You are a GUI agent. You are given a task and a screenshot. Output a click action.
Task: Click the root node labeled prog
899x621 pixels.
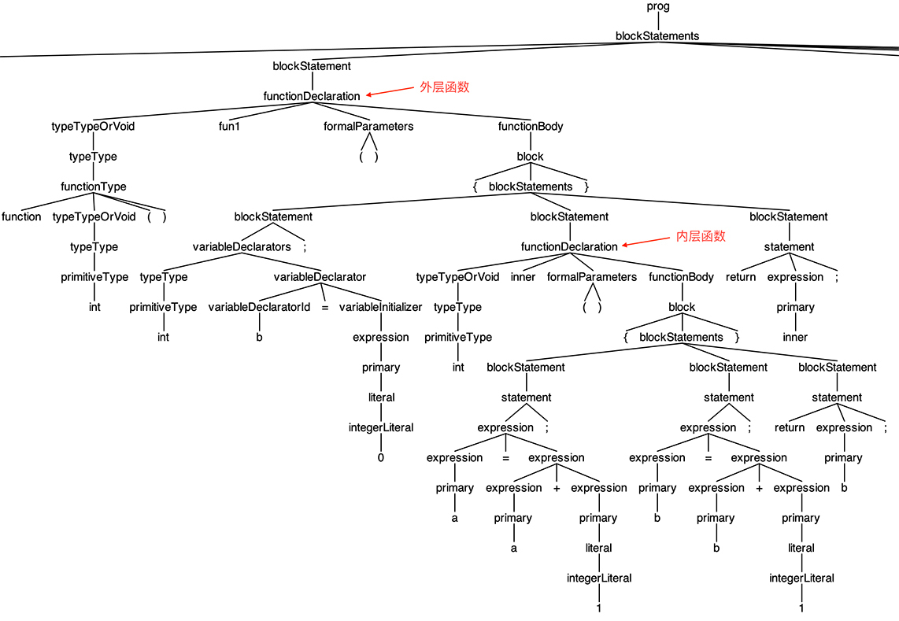[x=657, y=6]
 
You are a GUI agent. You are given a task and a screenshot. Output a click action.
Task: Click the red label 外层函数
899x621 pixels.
[x=444, y=87]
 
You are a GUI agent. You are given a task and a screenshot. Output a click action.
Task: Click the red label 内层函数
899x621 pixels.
[x=701, y=236]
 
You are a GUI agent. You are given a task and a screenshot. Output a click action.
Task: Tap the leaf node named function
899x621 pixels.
[x=22, y=216]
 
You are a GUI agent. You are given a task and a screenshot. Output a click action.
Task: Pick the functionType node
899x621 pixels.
[x=93, y=187]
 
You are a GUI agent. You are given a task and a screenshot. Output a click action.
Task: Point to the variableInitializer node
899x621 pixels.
[x=380, y=307]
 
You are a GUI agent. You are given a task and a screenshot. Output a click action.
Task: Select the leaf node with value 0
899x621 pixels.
[x=380, y=457]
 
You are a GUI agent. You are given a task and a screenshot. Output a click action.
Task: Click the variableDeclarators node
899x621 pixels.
[x=242, y=246]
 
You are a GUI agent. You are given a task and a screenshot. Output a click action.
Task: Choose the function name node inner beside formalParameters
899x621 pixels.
[x=523, y=277]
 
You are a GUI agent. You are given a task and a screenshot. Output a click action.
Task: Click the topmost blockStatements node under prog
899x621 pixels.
[x=657, y=36]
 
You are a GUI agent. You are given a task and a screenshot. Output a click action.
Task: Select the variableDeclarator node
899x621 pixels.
[x=319, y=277]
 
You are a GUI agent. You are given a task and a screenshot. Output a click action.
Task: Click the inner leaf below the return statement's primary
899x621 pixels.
[x=795, y=337]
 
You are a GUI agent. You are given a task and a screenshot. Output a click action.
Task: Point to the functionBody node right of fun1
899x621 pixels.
[x=530, y=126]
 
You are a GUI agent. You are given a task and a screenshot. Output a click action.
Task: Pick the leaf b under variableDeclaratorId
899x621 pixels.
[x=260, y=337]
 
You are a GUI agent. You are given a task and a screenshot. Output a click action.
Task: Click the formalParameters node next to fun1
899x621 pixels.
[x=368, y=126]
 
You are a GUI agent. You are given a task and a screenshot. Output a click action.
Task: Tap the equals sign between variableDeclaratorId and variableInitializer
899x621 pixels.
[x=324, y=307]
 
